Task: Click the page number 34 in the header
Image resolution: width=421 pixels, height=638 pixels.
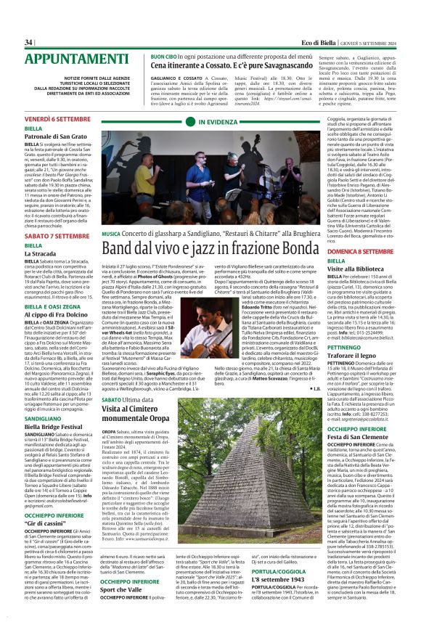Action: click(x=29, y=42)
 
